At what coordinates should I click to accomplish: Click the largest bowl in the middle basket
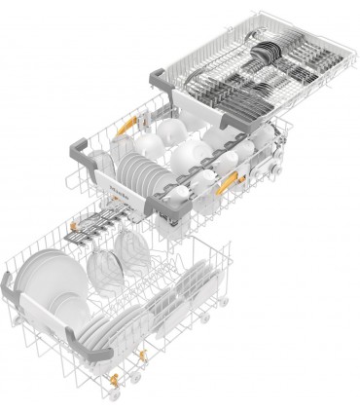coord(189,156)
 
